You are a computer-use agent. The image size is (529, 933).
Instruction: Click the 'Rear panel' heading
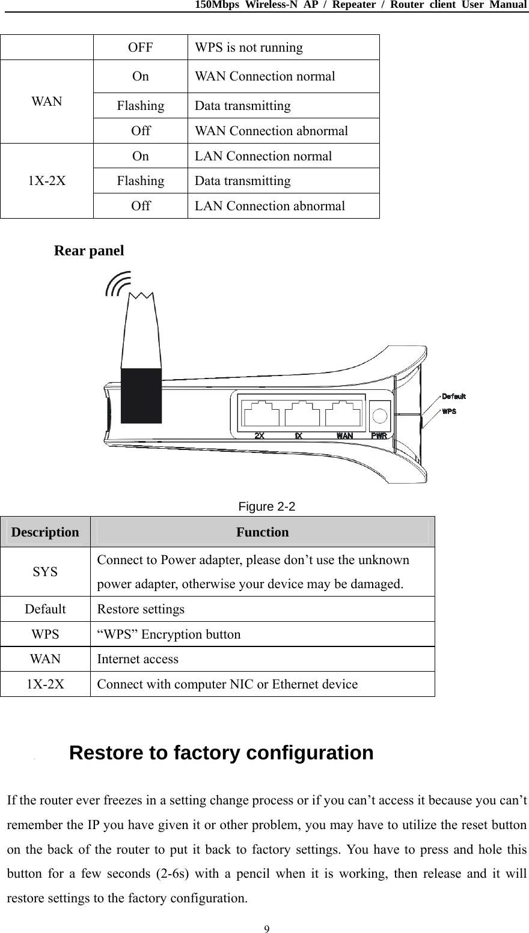pos(89,251)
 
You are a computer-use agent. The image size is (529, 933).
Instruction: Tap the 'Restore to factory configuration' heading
pos(221,753)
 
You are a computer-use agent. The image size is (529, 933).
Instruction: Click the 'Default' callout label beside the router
pos(454,396)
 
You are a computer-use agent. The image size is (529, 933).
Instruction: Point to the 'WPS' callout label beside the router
pos(449,412)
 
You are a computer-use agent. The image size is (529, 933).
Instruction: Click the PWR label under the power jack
pos(379,435)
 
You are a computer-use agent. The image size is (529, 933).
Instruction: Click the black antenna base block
pos(141,396)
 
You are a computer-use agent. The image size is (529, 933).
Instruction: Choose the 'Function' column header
pos(262,532)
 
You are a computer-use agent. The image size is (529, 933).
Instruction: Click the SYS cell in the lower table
pos(46,571)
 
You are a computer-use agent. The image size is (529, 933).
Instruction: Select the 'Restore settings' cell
pos(141,609)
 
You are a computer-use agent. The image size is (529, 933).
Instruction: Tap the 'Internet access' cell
pos(138,659)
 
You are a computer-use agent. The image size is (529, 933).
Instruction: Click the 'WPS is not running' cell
pos(248,47)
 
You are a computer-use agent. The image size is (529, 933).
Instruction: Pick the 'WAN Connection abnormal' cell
pos(271,131)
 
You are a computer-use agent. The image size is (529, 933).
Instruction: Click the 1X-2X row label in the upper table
pos(47,181)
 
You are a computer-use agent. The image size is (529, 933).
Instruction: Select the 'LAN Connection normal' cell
pos(263,156)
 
